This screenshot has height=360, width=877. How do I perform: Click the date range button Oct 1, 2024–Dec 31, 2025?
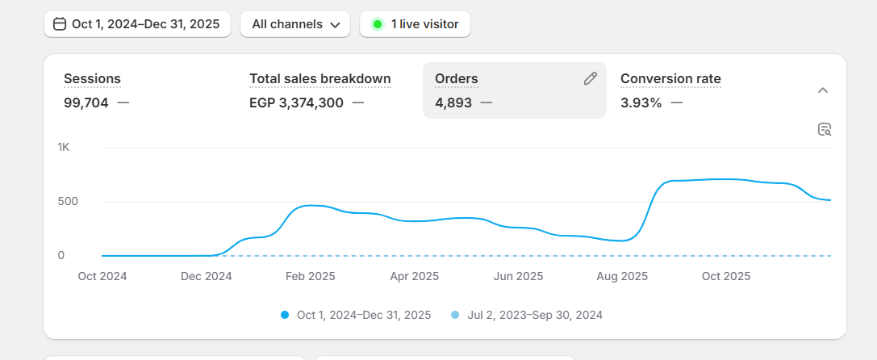click(137, 24)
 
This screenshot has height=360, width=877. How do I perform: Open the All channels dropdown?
click(295, 24)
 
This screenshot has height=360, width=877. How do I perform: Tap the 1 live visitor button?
click(415, 24)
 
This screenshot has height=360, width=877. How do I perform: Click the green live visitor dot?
click(377, 24)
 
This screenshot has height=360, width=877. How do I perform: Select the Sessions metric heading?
click(92, 78)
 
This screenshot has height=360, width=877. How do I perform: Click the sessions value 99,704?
click(86, 103)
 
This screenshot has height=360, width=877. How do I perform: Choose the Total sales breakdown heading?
click(320, 78)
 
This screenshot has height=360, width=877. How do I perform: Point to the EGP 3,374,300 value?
click(296, 103)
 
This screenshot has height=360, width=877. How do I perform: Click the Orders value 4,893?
click(453, 103)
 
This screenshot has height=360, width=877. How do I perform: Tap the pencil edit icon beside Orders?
click(591, 78)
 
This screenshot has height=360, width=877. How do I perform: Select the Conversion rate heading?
click(670, 78)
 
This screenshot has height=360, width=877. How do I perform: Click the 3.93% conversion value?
click(641, 103)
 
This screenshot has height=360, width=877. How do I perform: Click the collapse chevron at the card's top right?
click(823, 90)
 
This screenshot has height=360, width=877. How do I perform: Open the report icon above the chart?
click(824, 129)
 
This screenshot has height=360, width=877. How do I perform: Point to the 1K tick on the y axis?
click(64, 148)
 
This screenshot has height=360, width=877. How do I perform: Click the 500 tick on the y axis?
click(67, 201)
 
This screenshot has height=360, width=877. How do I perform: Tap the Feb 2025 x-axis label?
click(311, 276)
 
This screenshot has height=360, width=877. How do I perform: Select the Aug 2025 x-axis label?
click(623, 276)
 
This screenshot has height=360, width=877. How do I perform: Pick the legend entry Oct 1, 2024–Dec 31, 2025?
click(363, 315)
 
